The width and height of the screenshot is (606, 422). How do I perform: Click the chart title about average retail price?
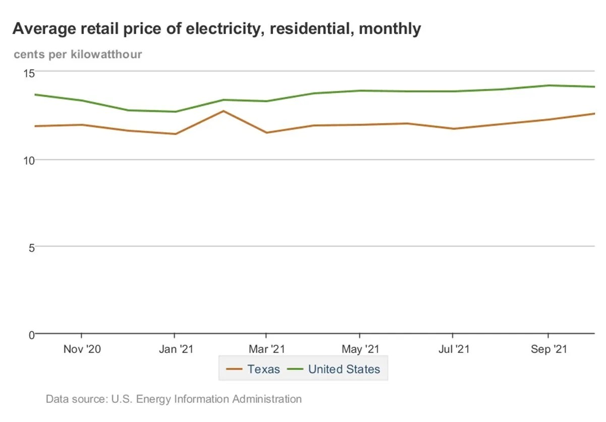[x=216, y=29]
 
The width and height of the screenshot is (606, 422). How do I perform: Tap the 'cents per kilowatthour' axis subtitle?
[x=78, y=54]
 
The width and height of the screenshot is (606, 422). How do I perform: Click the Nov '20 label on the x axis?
[x=82, y=349]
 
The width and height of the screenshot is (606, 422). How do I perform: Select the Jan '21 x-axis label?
[x=174, y=349]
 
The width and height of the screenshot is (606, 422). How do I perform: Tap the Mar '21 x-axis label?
[x=266, y=349]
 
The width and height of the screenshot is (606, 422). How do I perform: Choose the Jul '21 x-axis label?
[x=453, y=349]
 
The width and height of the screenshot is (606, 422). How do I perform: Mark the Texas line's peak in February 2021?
[x=223, y=111]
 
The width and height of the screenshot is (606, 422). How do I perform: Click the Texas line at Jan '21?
[x=175, y=134]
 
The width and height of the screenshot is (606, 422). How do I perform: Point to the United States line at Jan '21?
[x=175, y=112]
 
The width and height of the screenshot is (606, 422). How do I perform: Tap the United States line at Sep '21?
[x=548, y=85]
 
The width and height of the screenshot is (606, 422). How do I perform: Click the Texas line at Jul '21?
[x=453, y=129]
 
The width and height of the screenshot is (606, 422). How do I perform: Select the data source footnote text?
[x=174, y=399]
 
